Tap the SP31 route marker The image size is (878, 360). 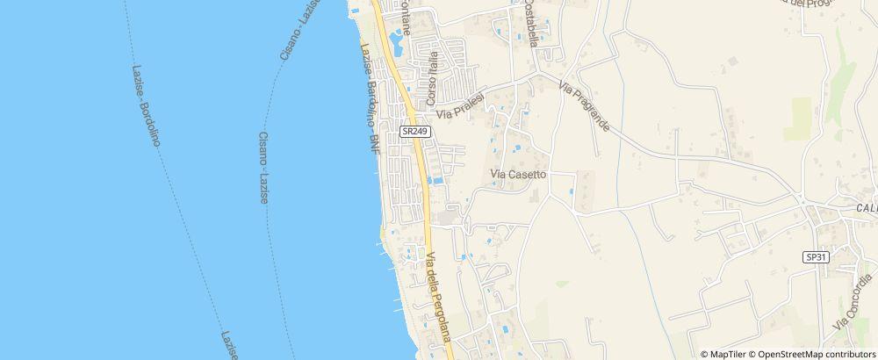pos(816,256)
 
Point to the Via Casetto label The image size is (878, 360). pos(519,175)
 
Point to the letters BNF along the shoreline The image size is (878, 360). pos(375,142)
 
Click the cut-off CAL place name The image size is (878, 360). pos(867,209)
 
